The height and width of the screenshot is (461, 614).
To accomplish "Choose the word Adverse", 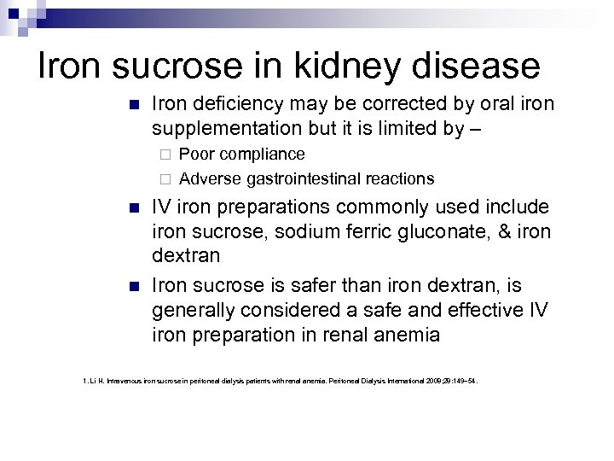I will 209,179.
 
